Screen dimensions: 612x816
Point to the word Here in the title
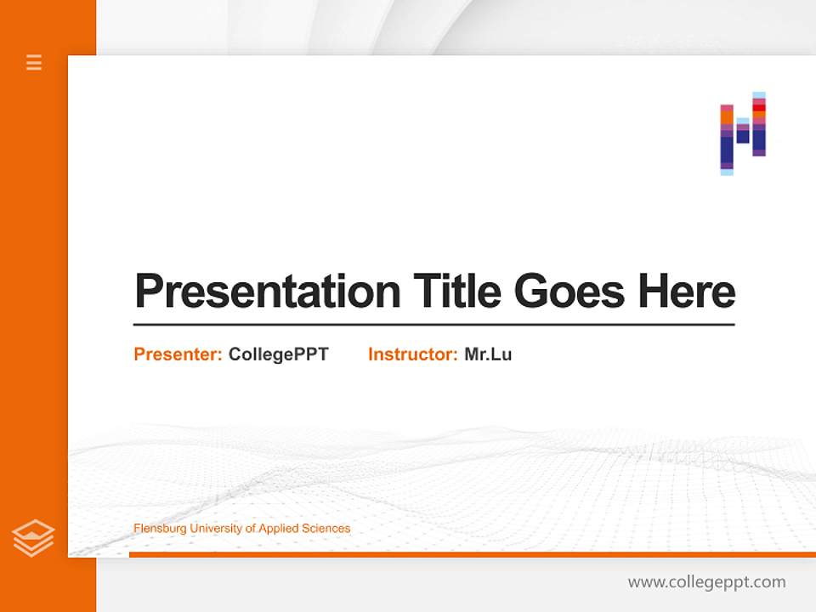(687, 292)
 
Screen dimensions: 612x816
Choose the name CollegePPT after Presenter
(278, 354)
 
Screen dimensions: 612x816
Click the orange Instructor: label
(412, 354)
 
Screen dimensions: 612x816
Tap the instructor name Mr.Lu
(488, 354)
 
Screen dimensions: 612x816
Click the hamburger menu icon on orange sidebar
(34, 62)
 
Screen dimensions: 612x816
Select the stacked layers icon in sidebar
(33, 538)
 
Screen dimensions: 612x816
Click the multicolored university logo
(743, 133)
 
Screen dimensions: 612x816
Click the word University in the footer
(216, 529)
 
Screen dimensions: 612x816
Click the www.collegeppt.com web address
(706, 582)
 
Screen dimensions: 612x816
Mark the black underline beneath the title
(433, 325)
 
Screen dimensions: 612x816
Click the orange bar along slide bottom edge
(472, 554)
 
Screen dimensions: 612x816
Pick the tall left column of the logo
(727, 139)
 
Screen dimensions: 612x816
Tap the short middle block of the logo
(743, 131)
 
